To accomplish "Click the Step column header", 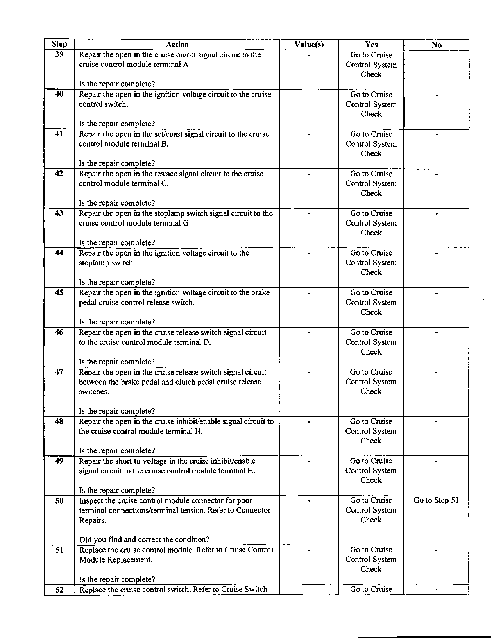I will coord(59,44).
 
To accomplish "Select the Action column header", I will coord(177,45).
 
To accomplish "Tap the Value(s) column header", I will coord(309,45).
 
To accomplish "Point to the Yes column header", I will coord(371,45).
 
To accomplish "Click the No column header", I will coord(436,45).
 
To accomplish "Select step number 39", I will coord(59,54).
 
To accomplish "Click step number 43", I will coord(59,213).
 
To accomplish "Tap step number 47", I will coord(59,372).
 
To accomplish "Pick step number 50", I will coord(59,500).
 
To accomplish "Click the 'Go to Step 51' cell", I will coord(436,500).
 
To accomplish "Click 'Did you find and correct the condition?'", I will coord(144,540).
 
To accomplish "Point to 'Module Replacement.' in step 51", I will coord(116,560).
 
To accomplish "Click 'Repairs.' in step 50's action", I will coord(93,520).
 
